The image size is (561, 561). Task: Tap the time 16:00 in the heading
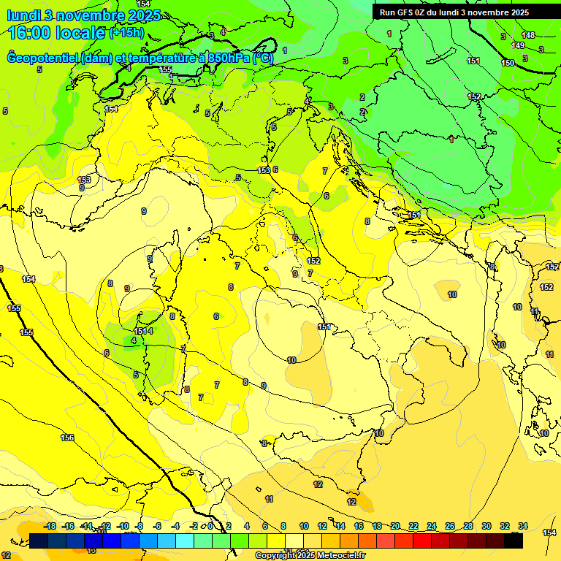pyautogui.click(x=33, y=33)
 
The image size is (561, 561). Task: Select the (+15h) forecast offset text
pyautogui.click(x=126, y=33)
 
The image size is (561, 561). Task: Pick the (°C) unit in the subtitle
pyautogui.click(x=263, y=58)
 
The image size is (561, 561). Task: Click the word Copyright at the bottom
pyautogui.click(x=277, y=556)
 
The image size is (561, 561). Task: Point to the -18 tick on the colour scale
pyautogui.click(x=50, y=526)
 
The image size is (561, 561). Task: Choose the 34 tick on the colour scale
pyautogui.click(x=523, y=526)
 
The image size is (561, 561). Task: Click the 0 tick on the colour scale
pyautogui.click(x=210, y=526)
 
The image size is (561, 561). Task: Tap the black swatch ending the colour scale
pyautogui.click(x=514, y=541)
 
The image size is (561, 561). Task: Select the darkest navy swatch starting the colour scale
pyautogui.click(x=39, y=541)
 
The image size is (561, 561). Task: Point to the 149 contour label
pyautogui.click(x=518, y=45)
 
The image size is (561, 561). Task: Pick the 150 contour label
pyautogui.click(x=508, y=63)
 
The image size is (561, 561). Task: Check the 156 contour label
pyautogui.click(x=67, y=438)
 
